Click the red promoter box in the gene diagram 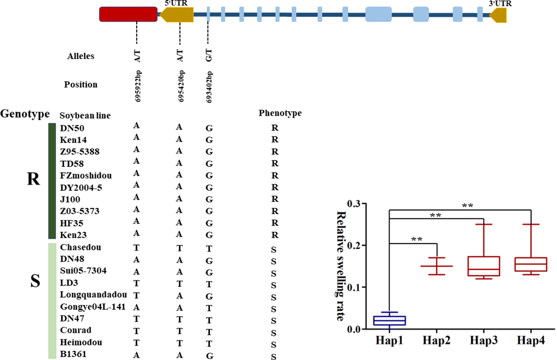point(128,14)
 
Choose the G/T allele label point(209,56)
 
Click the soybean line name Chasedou point(80,247)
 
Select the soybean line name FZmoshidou point(86,175)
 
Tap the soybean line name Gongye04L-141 point(92,307)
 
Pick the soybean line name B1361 point(73,354)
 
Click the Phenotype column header point(280,113)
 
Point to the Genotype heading point(25,114)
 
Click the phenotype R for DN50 point(275,128)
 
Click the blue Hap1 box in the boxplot point(389,320)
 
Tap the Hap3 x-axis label point(484,341)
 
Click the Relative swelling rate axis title point(340,266)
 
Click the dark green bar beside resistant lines point(52,181)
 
